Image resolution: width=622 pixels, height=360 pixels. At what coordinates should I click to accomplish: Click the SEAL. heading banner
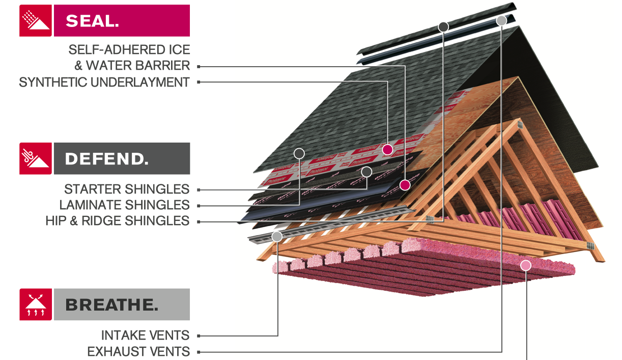[122, 21]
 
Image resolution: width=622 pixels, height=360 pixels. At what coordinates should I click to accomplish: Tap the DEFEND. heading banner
[122, 158]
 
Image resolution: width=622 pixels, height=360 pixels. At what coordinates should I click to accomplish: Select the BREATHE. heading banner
[122, 304]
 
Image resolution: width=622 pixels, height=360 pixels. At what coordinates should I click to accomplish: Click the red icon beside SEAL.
[36, 21]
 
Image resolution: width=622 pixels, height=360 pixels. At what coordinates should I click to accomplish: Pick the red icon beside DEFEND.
[36, 158]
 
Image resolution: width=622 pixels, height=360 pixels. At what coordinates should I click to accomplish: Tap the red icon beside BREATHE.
[36, 304]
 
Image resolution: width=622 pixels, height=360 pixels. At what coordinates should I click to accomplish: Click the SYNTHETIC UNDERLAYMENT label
[104, 82]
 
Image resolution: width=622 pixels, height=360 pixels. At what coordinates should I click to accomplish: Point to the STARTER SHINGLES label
[127, 189]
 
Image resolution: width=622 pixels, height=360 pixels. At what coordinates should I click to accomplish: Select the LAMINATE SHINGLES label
[124, 205]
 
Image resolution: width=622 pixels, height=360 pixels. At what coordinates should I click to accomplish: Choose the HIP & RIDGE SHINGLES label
[117, 221]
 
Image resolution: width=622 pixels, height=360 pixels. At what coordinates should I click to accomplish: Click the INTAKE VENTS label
[145, 336]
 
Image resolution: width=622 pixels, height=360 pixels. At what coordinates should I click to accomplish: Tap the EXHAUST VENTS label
[138, 351]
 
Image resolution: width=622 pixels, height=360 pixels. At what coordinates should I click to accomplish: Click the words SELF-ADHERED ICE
[129, 50]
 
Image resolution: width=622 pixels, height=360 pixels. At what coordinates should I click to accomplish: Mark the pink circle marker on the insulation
[526, 265]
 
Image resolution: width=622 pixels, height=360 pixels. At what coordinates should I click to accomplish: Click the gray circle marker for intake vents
[277, 236]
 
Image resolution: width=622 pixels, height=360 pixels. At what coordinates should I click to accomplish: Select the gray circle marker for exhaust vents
[501, 20]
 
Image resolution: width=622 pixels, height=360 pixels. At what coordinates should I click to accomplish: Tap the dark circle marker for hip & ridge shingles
[443, 26]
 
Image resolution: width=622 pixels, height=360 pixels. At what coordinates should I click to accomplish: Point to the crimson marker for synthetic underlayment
[388, 149]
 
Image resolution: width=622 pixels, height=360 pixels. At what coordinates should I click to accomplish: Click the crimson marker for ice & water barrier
[405, 184]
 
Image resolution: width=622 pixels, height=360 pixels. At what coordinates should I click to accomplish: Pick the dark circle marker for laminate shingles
[299, 153]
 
